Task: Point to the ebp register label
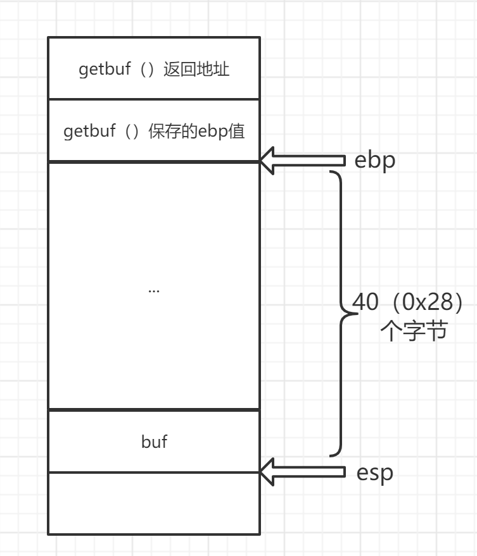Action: point(375,160)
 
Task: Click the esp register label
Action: point(374,473)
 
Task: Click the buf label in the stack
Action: point(154,442)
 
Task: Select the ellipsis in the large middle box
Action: point(153,290)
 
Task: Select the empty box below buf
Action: point(153,503)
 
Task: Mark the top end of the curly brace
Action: point(330,171)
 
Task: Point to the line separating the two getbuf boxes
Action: point(153,99)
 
